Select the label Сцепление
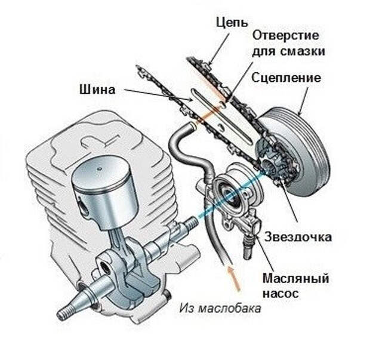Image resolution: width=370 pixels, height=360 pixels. (x=286, y=78)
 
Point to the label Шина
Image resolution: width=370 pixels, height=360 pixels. (x=97, y=91)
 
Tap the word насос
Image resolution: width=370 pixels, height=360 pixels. (x=279, y=294)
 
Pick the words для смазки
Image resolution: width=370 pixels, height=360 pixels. (x=289, y=51)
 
